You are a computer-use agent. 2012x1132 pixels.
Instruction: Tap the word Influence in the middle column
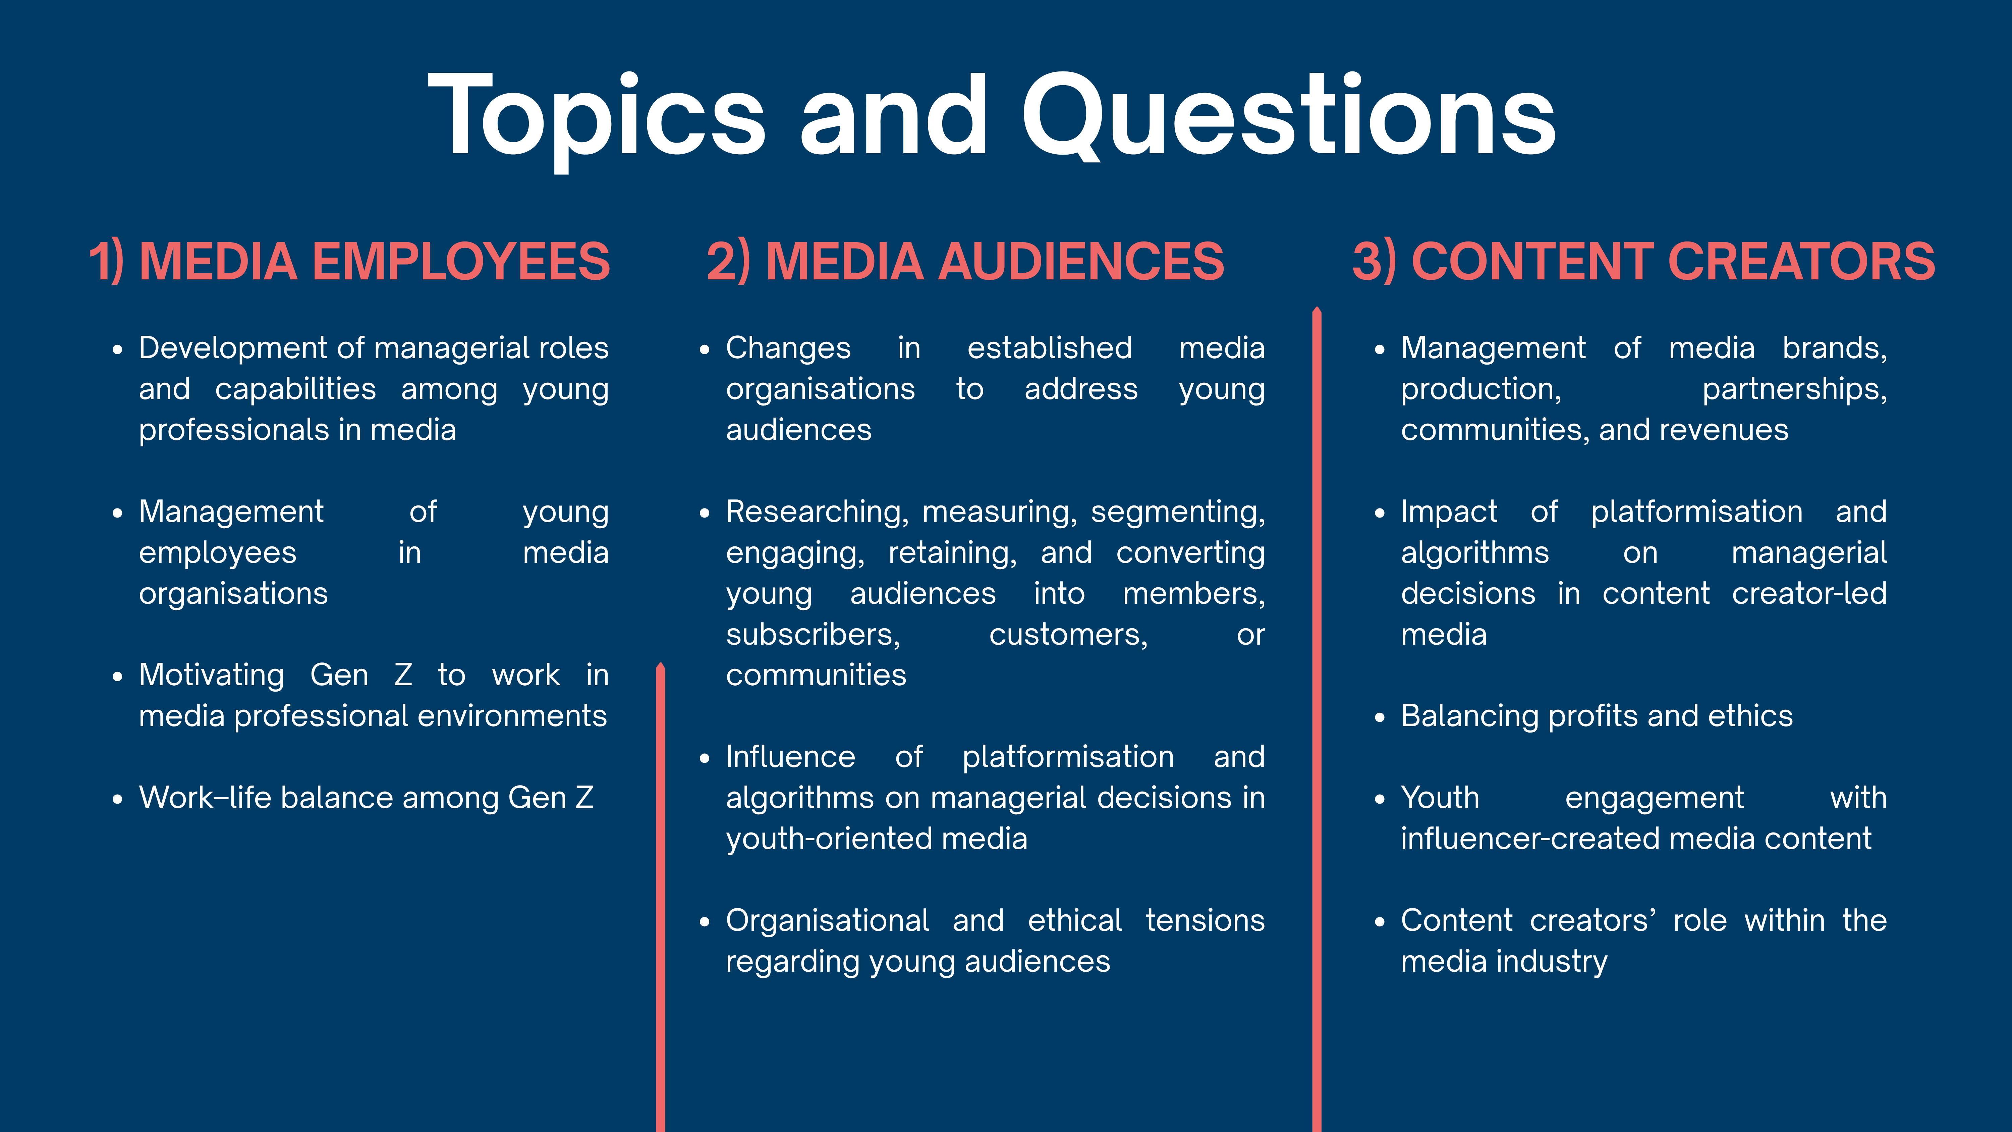tap(790, 757)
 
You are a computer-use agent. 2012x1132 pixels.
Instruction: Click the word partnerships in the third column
tap(1794, 389)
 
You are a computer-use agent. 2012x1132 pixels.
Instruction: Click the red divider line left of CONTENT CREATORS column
tap(1317, 719)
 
